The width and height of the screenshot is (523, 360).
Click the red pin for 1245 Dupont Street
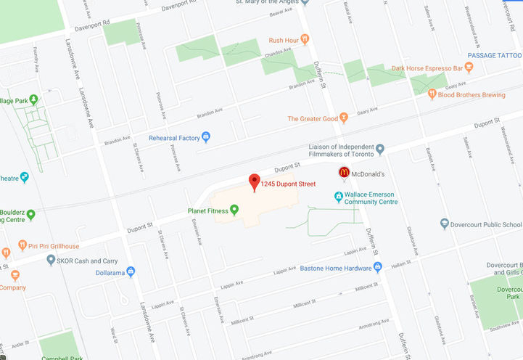254,182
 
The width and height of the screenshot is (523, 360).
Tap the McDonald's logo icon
344,173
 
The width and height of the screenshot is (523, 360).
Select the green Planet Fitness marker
234,210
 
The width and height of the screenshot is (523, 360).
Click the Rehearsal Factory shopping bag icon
206,137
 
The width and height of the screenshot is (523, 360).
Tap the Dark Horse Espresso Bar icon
469,68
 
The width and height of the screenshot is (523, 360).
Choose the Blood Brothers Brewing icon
432,94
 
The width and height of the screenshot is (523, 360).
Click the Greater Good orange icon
344,118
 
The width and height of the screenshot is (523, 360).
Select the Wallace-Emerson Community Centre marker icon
338,197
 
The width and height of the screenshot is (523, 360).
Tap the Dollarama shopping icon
131,272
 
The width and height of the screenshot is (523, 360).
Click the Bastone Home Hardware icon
378,268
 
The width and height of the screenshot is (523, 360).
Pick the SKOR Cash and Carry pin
51,259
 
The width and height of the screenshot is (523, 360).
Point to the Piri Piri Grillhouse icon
22,245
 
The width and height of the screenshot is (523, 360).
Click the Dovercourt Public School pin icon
444,224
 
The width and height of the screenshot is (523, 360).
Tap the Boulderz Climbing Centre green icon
31,214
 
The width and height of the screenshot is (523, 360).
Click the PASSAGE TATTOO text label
494,55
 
